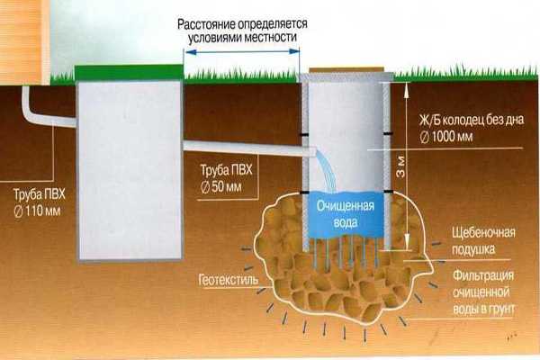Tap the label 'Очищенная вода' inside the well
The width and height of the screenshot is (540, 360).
pyautogui.click(x=345, y=212)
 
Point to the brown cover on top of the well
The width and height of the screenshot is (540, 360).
pyautogui.click(x=346, y=70)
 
